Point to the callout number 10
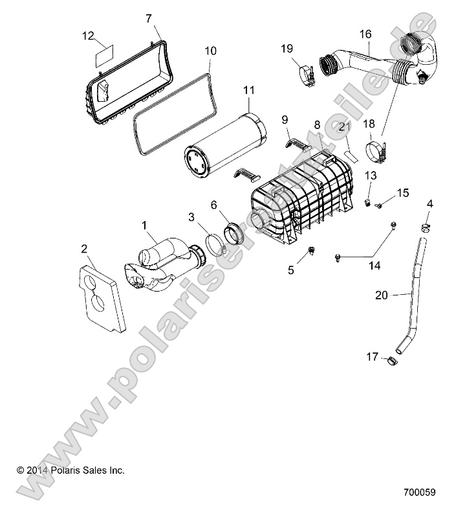click(x=211, y=51)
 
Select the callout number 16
click(x=365, y=34)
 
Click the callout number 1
click(x=144, y=225)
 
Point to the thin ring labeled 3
click(x=213, y=247)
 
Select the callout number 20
click(x=382, y=294)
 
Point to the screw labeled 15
click(x=379, y=205)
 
